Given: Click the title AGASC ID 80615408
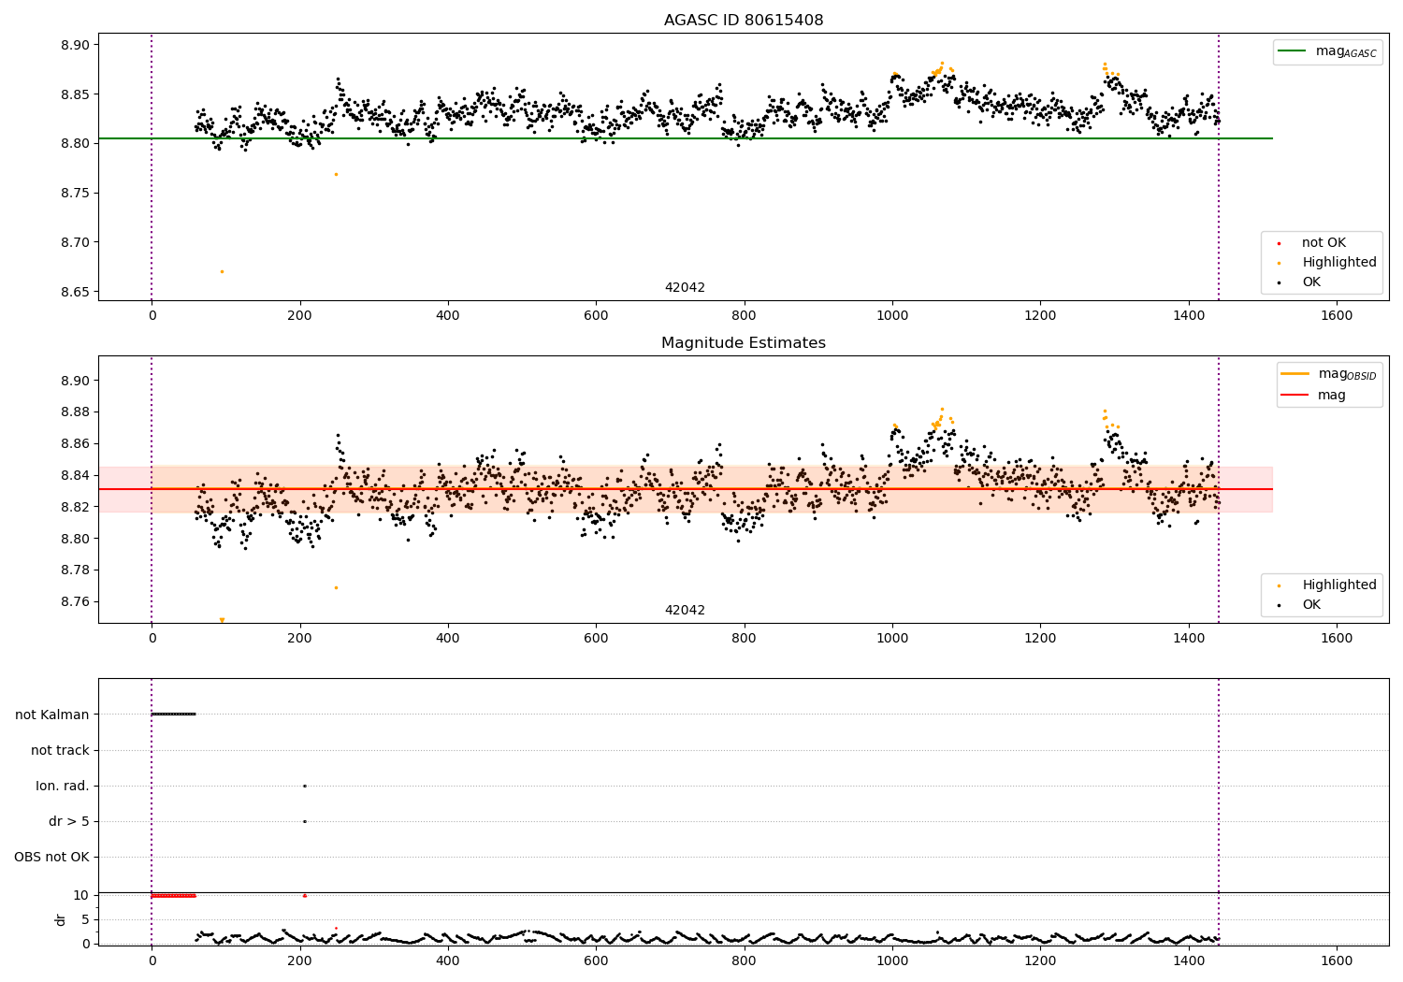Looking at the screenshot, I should pyautogui.click(x=744, y=20).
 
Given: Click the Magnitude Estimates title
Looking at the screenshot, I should pyautogui.click(x=744, y=343).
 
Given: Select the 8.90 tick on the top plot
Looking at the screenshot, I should pyautogui.click(x=76, y=45).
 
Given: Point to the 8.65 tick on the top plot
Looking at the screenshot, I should pyautogui.click(x=76, y=292).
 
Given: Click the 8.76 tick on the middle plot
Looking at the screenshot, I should pyautogui.click(x=76, y=601).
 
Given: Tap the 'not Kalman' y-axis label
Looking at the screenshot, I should pyautogui.click(x=52, y=715).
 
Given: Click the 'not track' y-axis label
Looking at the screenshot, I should pyautogui.click(x=60, y=750).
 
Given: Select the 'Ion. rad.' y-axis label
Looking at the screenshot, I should pyautogui.click(x=63, y=786).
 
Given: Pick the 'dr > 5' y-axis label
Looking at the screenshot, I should pyautogui.click(x=69, y=821).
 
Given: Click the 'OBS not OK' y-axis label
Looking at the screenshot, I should pyautogui.click(x=51, y=857).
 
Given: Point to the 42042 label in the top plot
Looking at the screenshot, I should pyautogui.click(x=685, y=288).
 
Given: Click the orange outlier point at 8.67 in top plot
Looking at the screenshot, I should pyautogui.click(x=222, y=271).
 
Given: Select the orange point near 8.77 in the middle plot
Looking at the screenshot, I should pyautogui.click(x=336, y=587).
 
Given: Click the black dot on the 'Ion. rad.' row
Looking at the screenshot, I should pyautogui.click(x=305, y=786).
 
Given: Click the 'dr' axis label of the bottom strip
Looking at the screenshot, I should pyautogui.click(x=61, y=919).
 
